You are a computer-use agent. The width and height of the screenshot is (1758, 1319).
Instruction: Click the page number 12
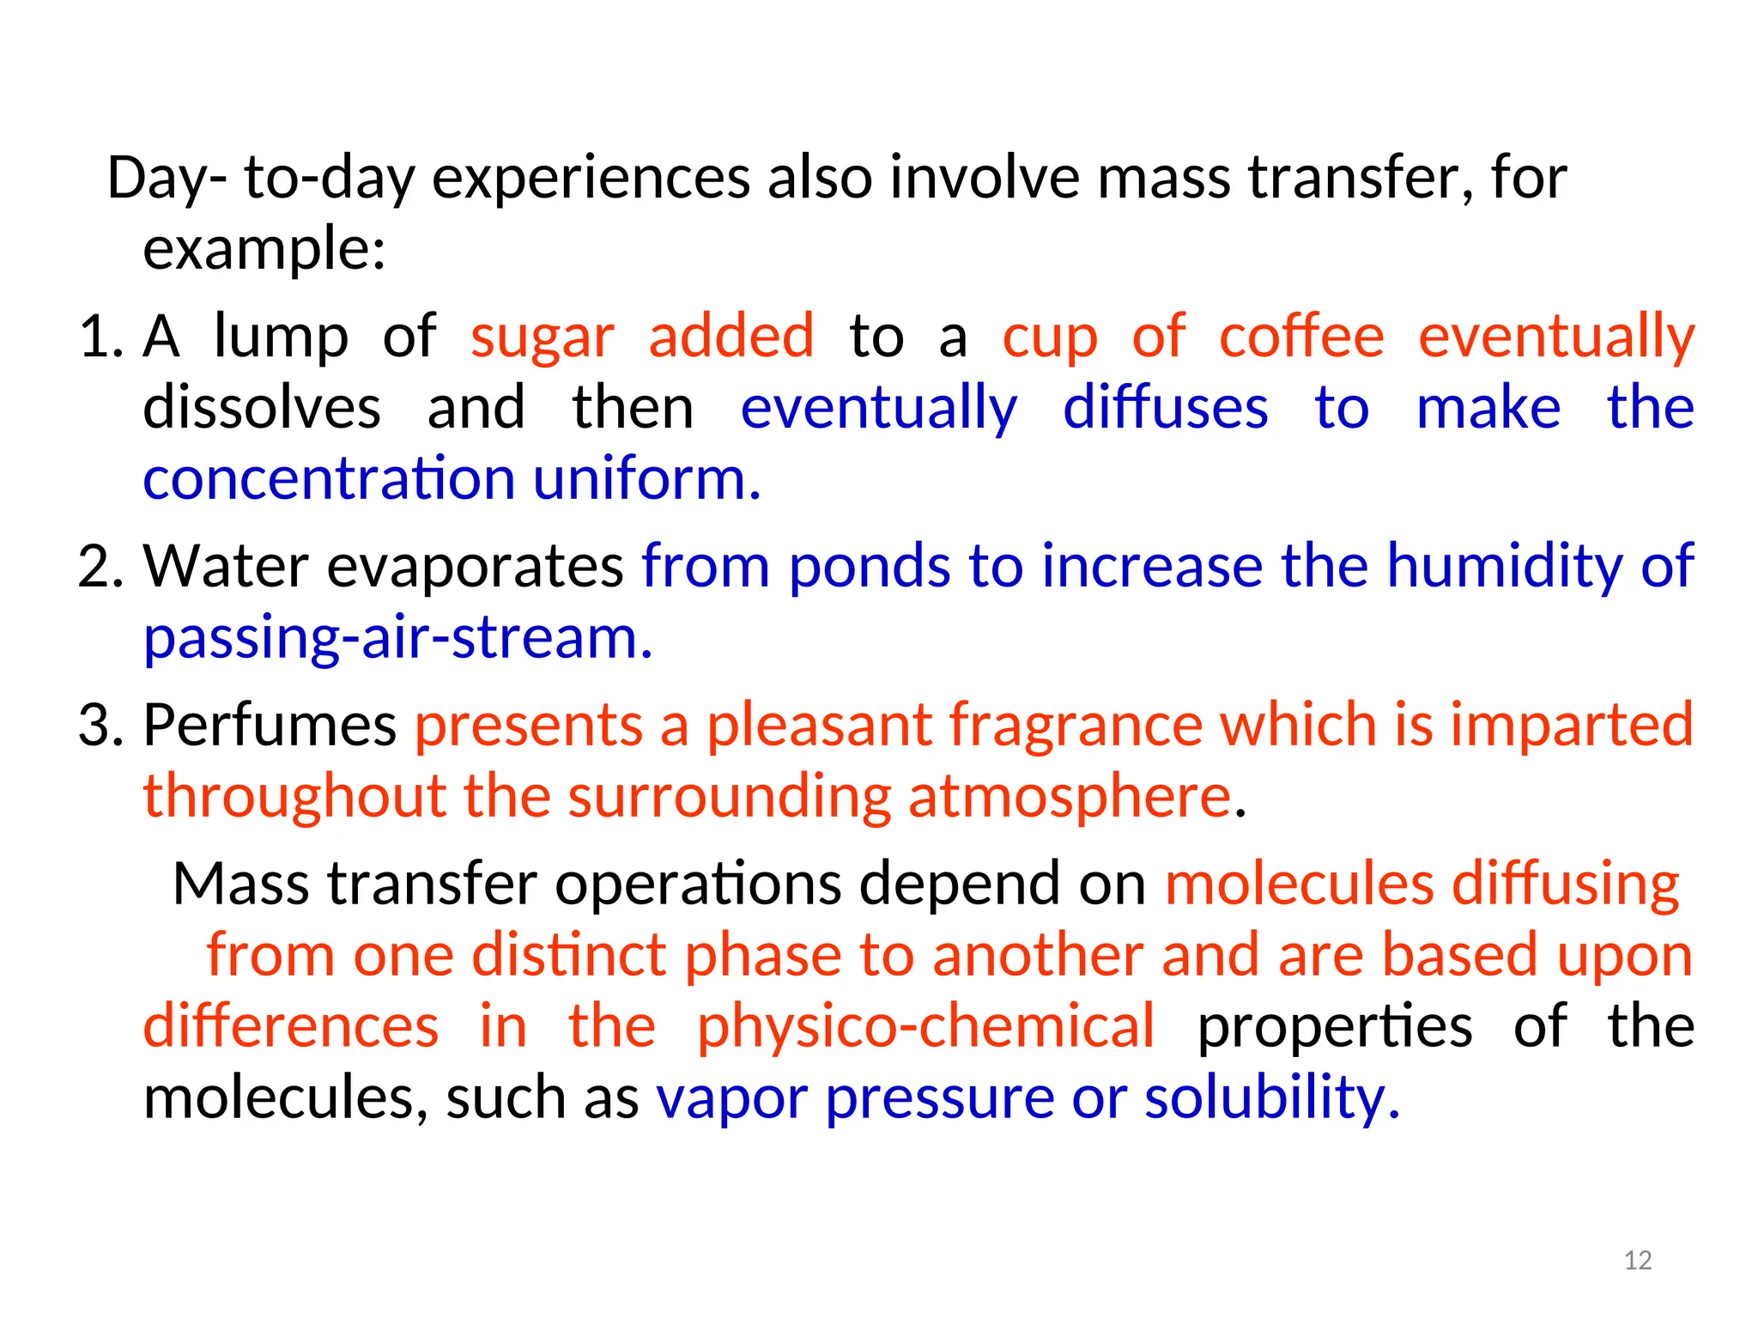pyautogui.click(x=1638, y=1260)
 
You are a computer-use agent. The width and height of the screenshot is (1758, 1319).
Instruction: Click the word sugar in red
pyautogui.click(x=543, y=337)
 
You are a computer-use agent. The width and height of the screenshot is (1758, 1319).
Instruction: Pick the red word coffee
pyautogui.click(x=1301, y=336)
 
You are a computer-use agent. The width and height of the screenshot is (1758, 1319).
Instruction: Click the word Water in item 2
pyautogui.click(x=226, y=567)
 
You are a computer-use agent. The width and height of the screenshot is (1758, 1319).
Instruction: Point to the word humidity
pyautogui.click(x=1504, y=567)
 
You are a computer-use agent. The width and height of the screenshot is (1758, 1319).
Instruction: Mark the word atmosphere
pyautogui.click(x=1070, y=797)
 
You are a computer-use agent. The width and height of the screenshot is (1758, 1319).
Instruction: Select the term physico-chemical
pyautogui.click(x=925, y=1026)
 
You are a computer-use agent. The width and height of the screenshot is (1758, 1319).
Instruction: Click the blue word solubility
pyautogui.click(x=1271, y=1098)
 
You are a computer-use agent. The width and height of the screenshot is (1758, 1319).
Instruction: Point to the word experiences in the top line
pyautogui.click(x=591, y=179)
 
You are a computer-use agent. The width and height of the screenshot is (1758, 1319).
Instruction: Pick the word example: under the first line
pyautogui.click(x=264, y=250)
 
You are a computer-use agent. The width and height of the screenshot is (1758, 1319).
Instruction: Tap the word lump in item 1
pyautogui.click(x=281, y=336)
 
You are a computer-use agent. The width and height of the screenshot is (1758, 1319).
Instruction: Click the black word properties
pyautogui.click(x=1335, y=1028)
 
